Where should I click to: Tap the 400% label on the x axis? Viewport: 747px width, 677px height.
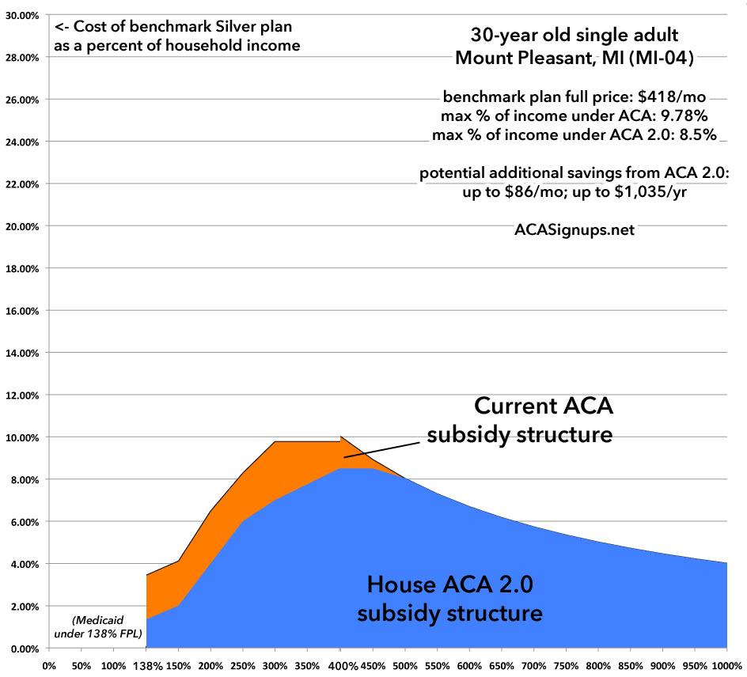coord(341,665)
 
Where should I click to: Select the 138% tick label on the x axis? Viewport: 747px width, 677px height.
coord(146,665)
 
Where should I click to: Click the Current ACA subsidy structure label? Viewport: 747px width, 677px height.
coord(521,421)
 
